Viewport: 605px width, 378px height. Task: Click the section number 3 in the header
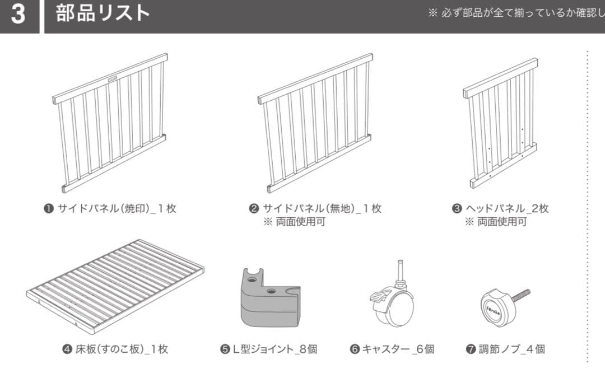18,14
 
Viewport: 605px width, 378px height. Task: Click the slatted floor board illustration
115,286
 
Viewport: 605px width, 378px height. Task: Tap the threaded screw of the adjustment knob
521,294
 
